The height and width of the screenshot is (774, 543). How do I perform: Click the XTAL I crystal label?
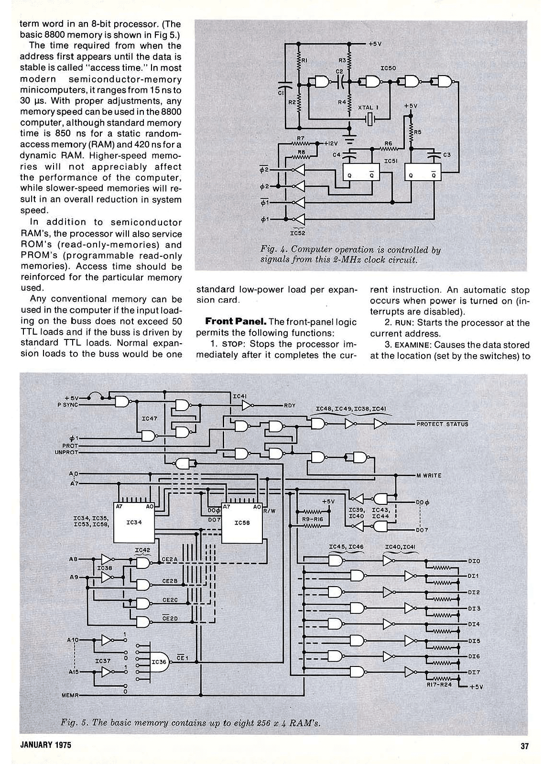click(368, 108)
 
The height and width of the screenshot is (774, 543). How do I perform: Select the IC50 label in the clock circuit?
click(388, 68)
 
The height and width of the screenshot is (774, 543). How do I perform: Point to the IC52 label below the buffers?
click(297, 233)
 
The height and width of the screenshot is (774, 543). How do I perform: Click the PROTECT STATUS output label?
click(442, 424)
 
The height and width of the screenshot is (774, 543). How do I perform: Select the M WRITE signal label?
click(429, 475)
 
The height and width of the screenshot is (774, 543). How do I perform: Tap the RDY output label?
click(290, 405)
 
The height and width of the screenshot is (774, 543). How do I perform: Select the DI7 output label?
click(474, 672)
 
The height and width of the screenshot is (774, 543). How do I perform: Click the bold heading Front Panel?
click(233, 322)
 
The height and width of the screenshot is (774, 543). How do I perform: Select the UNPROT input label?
click(66, 452)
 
